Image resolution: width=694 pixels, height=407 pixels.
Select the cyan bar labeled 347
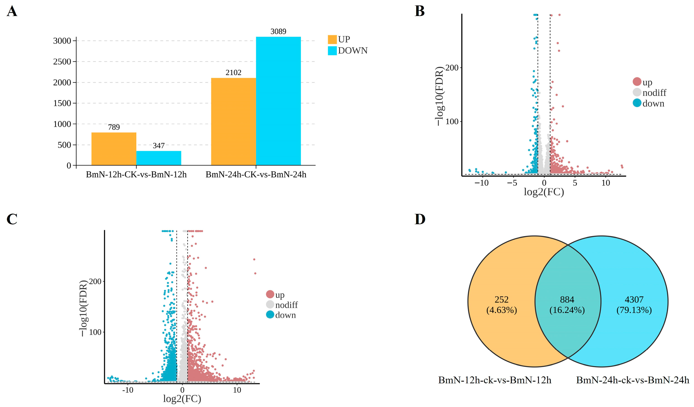pyautogui.click(x=159, y=158)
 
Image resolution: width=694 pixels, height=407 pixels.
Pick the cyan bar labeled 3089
pyautogui.click(x=278, y=101)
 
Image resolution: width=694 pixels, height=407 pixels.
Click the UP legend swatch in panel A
pyautogui.click(x=332, y=39)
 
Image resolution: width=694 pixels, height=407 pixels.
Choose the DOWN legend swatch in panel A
pyautogui.click(x=332, y=51)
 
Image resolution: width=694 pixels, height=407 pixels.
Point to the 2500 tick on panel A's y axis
pyautogui.click(x=62, y=62)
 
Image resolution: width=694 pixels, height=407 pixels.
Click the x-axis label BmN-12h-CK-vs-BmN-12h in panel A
pyautogui.click(x=136, y=175)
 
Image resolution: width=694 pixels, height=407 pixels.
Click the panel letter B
pyautogui.click(x=419, y=11)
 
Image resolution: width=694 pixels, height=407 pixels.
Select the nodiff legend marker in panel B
pyautogui.click(x=637, y=92)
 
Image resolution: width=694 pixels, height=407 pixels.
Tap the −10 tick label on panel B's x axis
pyautogui.click(x=481, y=183)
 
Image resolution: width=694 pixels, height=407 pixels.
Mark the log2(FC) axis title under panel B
pyautogui.click(x=544, y=192)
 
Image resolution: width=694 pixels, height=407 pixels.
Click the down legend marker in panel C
pyautogui.click(x=270, y=314)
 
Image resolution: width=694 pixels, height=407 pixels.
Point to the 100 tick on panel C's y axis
pyautogui.click(x=95, y=332)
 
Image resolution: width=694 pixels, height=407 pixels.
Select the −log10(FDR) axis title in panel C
pyautogui.click(x=83, y=308)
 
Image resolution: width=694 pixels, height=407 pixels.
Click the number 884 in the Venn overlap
pyautogui.click(x=567, y=300)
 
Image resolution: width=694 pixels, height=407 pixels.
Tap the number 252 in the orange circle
pyautogui.click(x=501, y=300)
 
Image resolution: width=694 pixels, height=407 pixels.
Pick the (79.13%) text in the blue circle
pyautogui.click(x=634, y=310)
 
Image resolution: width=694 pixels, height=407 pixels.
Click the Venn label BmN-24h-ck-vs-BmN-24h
pyautogui.click(x=633, y=380)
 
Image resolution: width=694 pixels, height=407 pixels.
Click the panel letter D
pyautogui.click(x=420, y=219)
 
